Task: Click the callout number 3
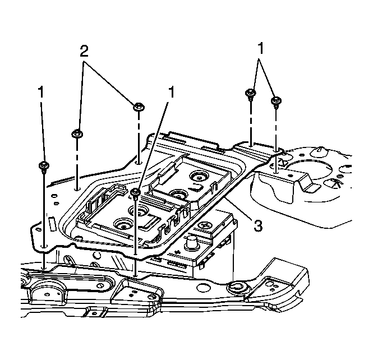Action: pos(257,225)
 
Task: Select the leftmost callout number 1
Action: pos(41,91)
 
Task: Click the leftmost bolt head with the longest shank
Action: pos(43,165)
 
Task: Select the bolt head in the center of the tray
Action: pos(135,193)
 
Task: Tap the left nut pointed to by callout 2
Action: pos(77,133)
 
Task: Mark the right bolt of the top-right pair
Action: pos(275,101)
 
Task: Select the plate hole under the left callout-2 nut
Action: pos(77,182)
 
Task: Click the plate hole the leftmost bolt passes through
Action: pos(44,246)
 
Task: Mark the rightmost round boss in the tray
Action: pos(197,176)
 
